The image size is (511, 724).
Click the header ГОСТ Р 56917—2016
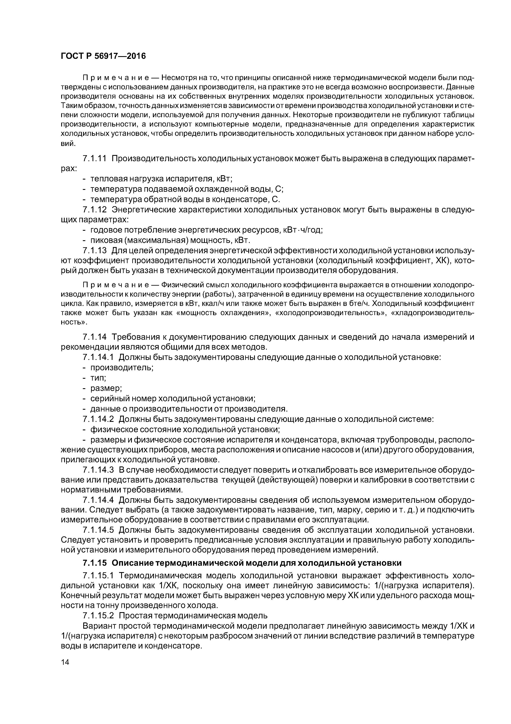(103, 56)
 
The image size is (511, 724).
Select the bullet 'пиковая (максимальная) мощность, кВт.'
(170, 241)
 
